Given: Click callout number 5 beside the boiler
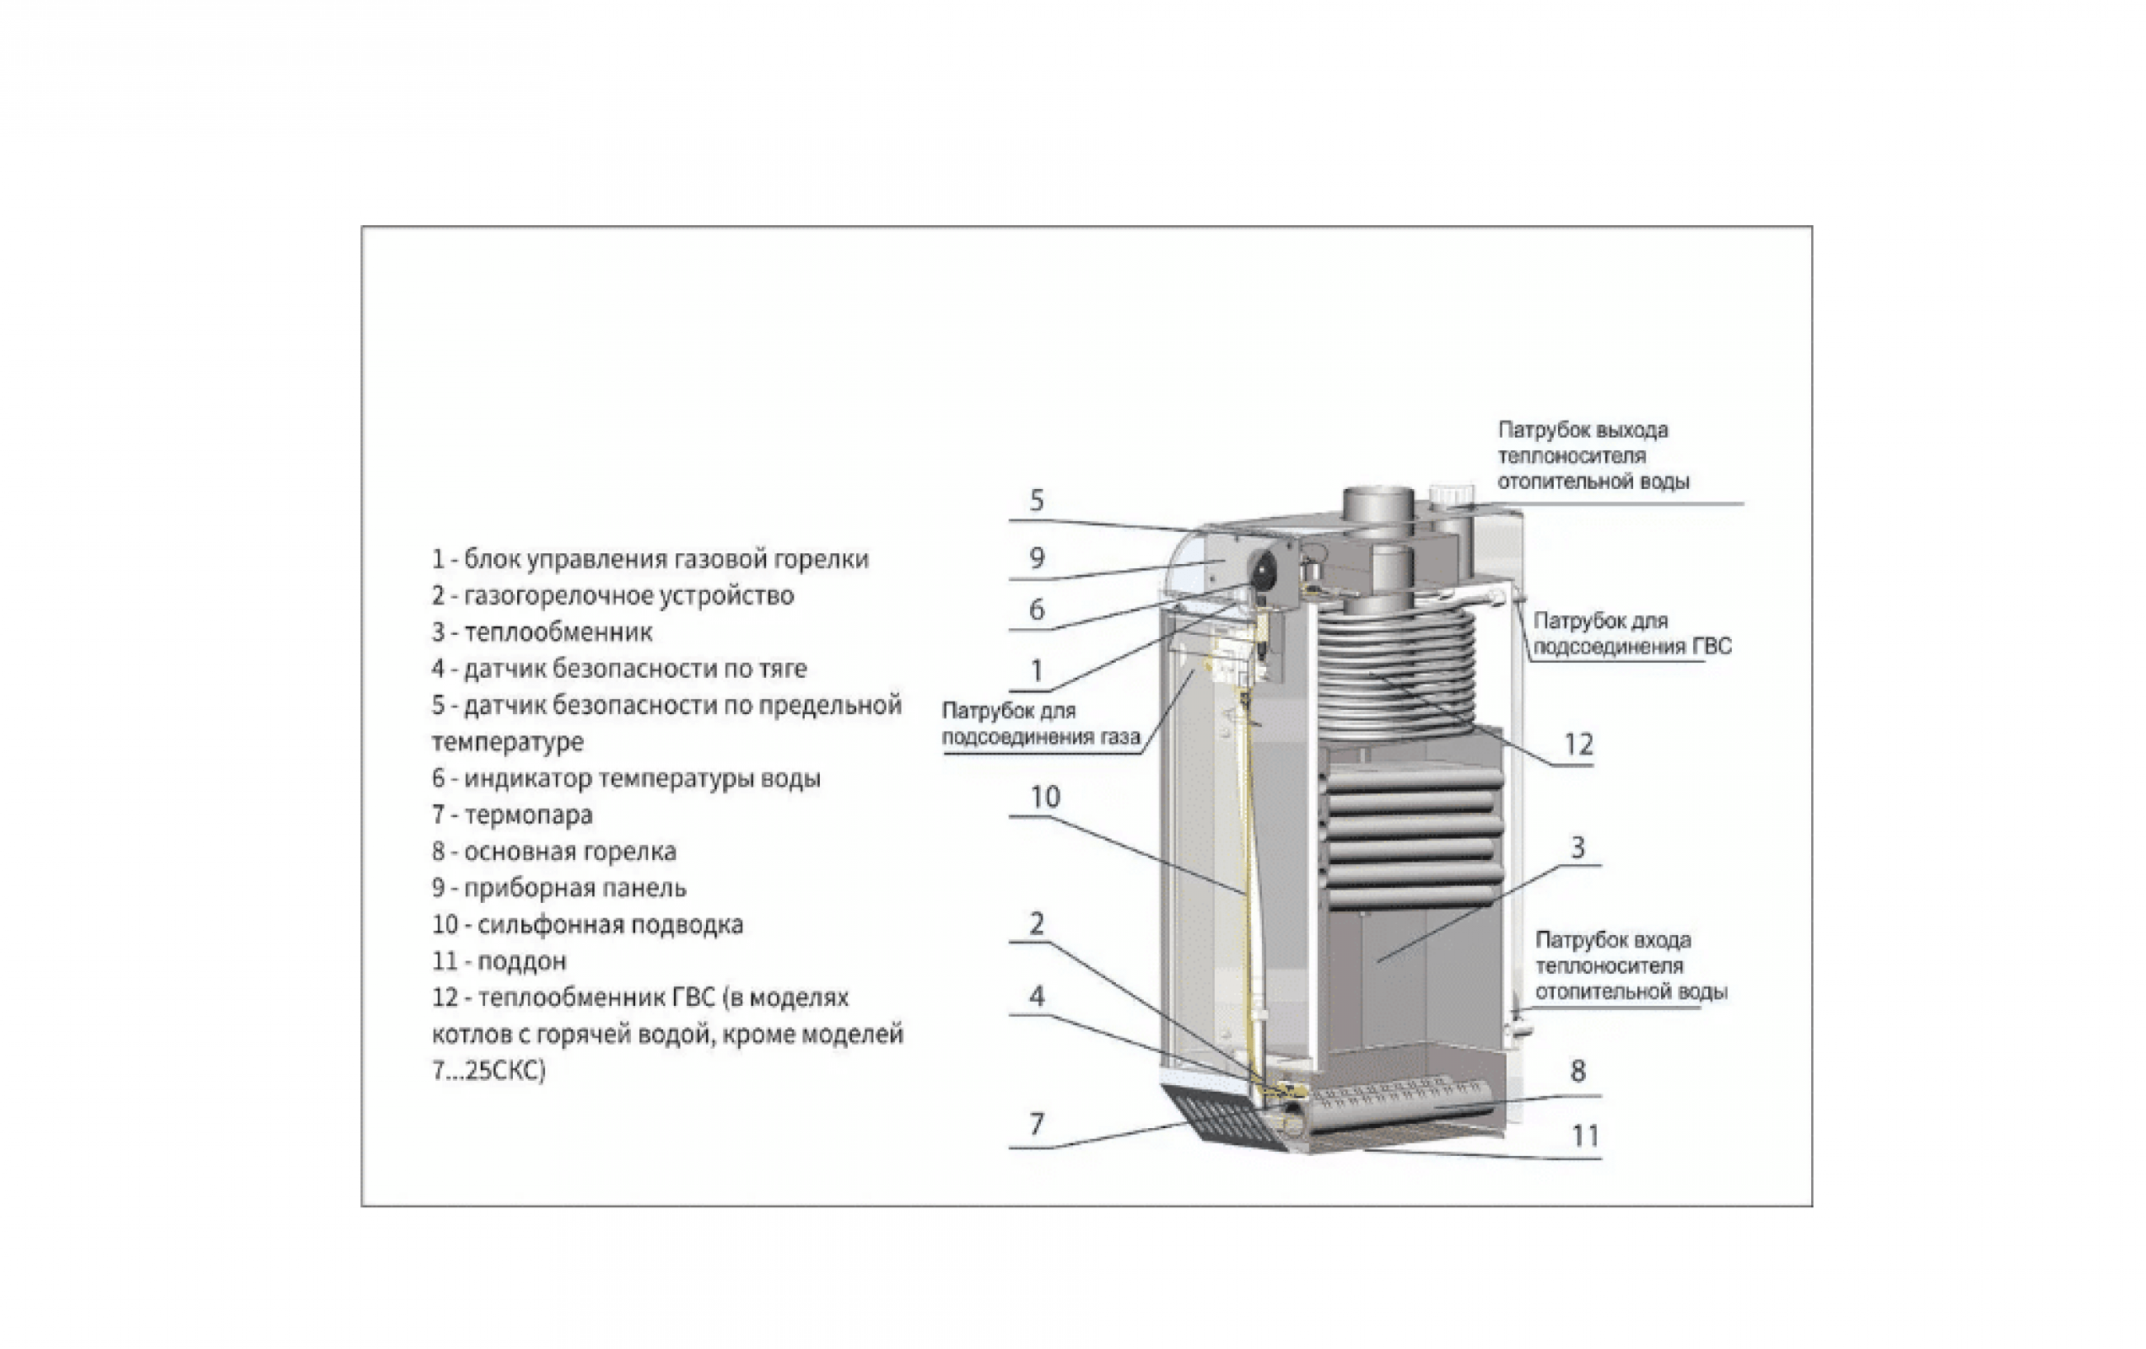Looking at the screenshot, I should point(1036,501).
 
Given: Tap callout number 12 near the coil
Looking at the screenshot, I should point(1578,744).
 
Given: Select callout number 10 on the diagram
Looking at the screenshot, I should point(1045,797).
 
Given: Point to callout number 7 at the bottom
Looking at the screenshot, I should point(1036,1125).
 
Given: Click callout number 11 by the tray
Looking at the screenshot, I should point(1584,1136).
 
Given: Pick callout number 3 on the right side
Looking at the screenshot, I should point(1577,847).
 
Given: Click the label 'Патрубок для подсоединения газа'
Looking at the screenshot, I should point(1040,723).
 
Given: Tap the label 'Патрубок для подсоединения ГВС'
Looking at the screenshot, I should point(1631,633).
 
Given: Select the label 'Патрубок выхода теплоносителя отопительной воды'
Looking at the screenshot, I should point(1593,455).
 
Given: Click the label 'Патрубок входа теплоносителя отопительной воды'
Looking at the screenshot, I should point(1630,966).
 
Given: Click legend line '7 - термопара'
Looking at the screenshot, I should point(512,814).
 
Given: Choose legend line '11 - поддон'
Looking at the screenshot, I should point(499,960).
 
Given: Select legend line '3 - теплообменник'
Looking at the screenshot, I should point(542,632).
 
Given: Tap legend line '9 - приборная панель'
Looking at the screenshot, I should point(558,888).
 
